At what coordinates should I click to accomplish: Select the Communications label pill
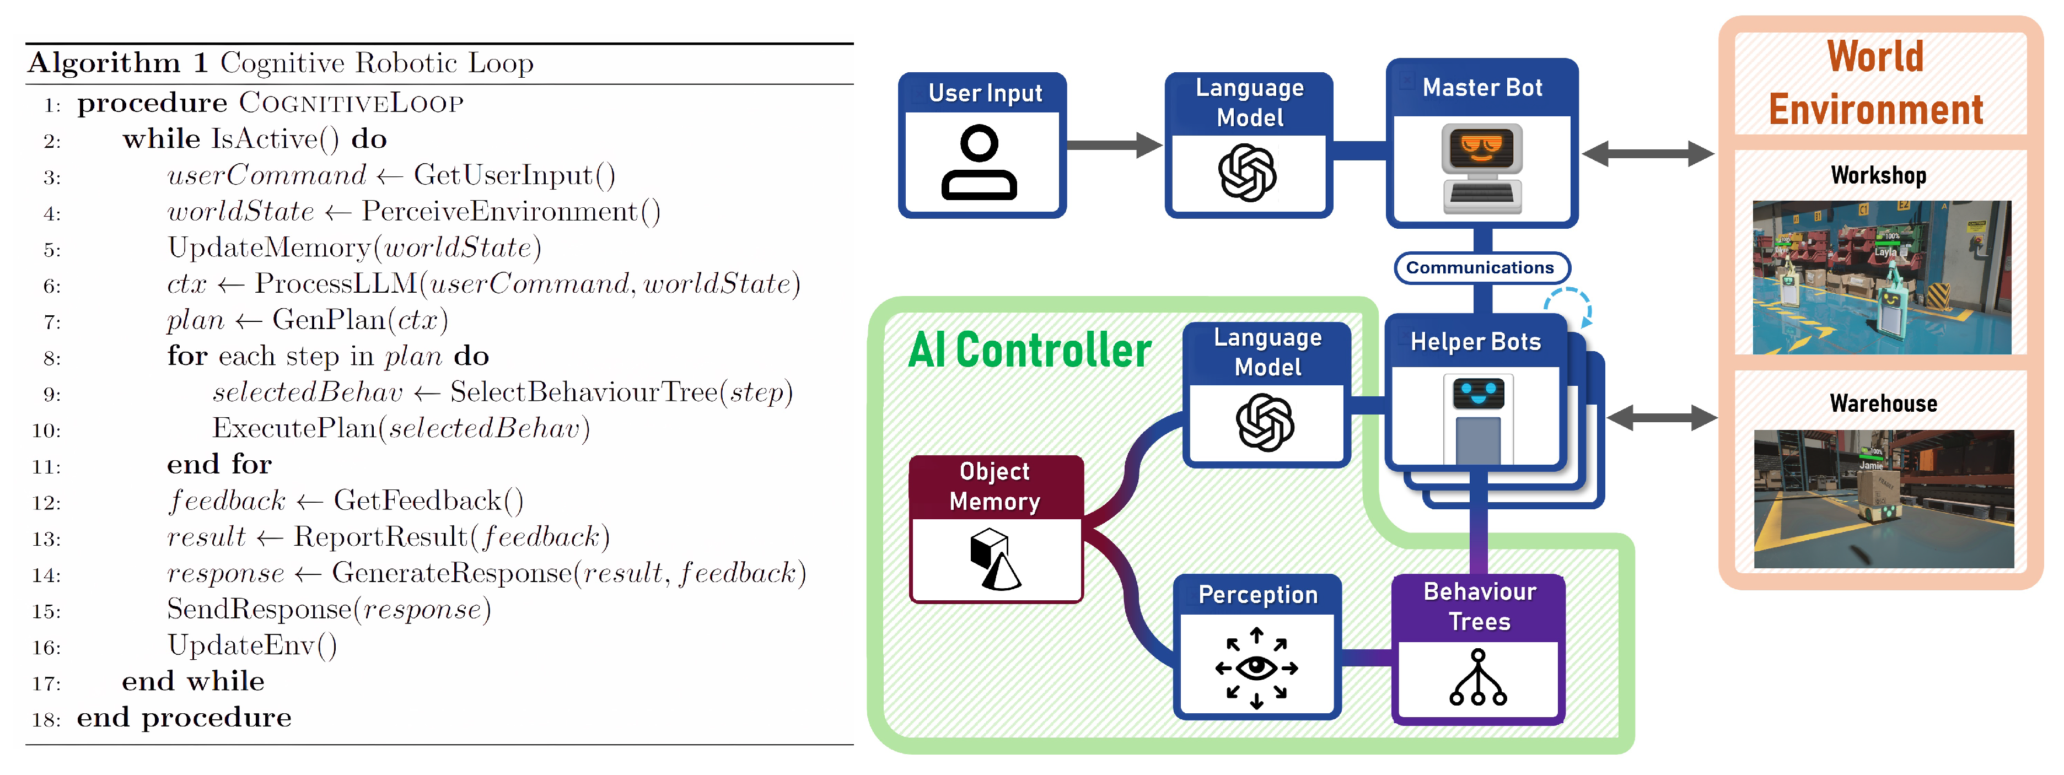pyautogui.click(x=1481, y=268)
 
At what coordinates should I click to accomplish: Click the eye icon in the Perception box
pyautogui.click(x=1256, y=668)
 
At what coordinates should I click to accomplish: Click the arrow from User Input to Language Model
pyautogui.click(x=1114, y=145)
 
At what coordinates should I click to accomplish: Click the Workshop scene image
pyautogui.click(x=1882, y=277)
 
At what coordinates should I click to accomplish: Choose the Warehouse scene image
pyautogui.click(x=1883, y=498)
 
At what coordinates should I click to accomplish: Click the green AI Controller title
pyautogui.click(x=1030, y=351)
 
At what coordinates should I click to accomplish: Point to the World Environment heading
pyautogui.click(x=1875, y=83)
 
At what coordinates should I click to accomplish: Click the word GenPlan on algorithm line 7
pyautogui.click(x=329, y=320)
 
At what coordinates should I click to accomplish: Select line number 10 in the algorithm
pyautogui.click(x=46, y=430)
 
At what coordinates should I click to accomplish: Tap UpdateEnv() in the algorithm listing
pyautogui.click(x=251, y=645)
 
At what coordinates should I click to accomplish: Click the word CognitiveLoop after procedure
pyautogui.click(x=351, y=104)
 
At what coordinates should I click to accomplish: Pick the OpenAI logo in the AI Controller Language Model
pyautogui.click(x=1265, y=422)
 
